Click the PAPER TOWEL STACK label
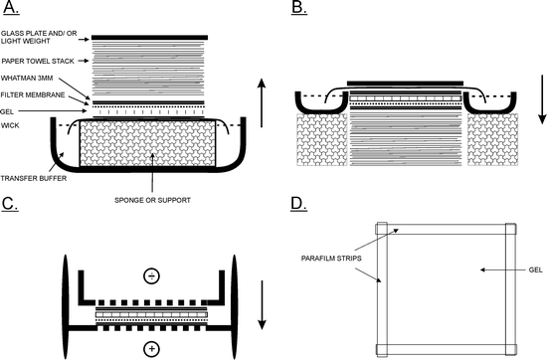pyautogui.click(x=38, y=59)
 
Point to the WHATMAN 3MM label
pyautogui.click(x=29, y=80)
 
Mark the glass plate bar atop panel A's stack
pyautogui.click(x=150, y=37)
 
